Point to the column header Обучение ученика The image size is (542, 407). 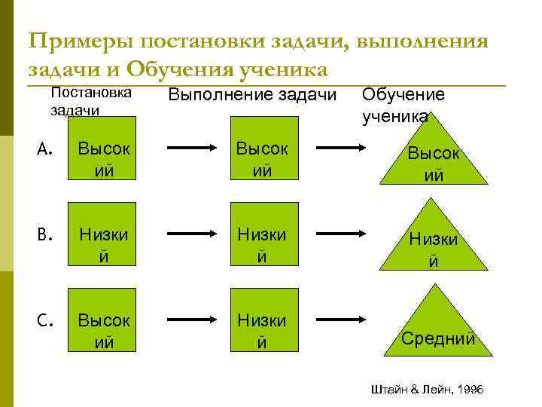coord(403,105)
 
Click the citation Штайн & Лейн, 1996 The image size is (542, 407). coord(427,388)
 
